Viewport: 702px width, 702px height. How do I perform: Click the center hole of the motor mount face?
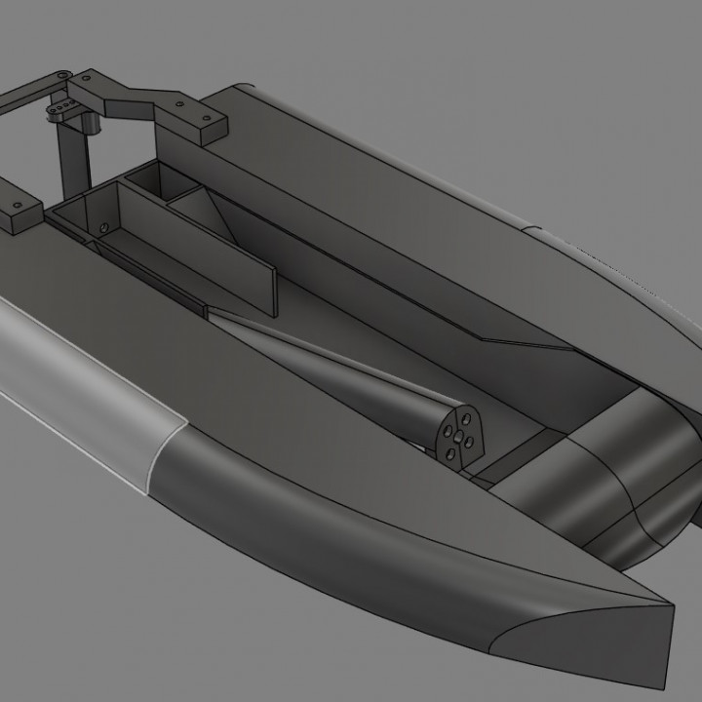click(x=455, y=438)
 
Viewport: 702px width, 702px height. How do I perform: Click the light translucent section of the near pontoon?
click(x=78, y=390)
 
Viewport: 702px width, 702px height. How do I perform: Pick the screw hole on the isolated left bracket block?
click(x=18, y=208)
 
